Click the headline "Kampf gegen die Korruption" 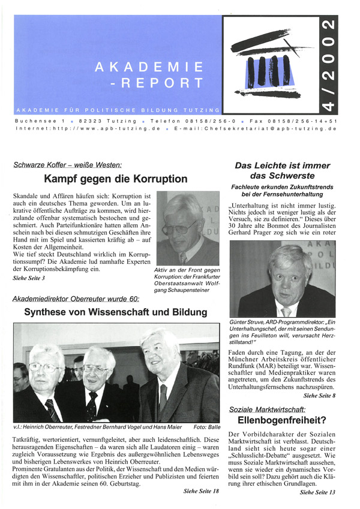pyautogui.click(x=116, y=179)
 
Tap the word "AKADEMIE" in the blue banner pyautogui.click(x=149, y=67)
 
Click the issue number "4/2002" pyautogui.click(x=329, y=65)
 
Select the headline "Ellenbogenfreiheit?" pyautogui.click(x=281, y=437)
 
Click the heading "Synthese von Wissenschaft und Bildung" pyautogui.click(x=116, y=312)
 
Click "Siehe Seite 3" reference pyautogui.click(x=28, y=279)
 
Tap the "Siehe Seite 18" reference pyautogui.click(x=202, y=492)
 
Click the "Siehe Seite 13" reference pyautogui.click(x=317, y=492)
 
